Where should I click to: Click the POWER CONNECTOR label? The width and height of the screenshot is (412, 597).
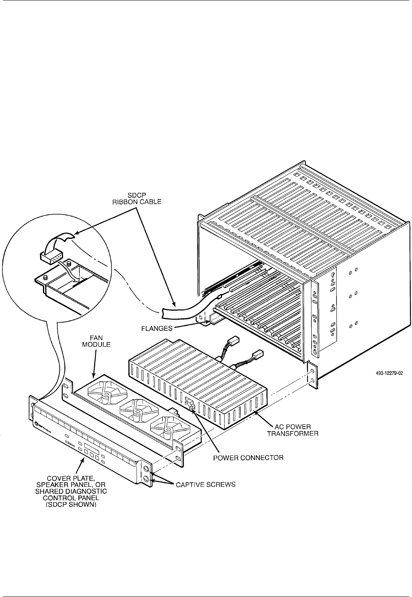click(x=249, y=457)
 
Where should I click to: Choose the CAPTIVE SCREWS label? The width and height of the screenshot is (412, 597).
click(x=206, y=484)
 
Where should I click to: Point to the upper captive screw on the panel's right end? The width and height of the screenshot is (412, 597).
click(x=147, y=469)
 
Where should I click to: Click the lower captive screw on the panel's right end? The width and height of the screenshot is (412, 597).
click(x=147, y=479)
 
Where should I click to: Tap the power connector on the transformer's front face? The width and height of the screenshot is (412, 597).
click(x=189, y=404)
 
